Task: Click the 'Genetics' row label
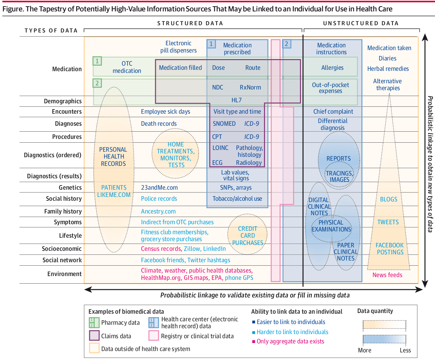pos(70,188)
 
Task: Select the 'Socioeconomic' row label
pos(62,249)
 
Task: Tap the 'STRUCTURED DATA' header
pos(190,23)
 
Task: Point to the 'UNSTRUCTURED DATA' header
pos(361,23)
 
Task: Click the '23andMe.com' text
pos(159,188)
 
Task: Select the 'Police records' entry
pos(159,199)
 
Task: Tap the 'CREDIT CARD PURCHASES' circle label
pos(248,236)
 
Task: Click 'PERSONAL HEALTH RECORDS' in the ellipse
pos(113,157)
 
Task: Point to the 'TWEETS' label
pos(388,222)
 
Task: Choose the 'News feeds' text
pos(387,275)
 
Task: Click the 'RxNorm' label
pos(250,87)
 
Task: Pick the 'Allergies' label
pos(332,68)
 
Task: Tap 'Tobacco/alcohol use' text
pos(237,199)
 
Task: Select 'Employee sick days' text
pos(166,112)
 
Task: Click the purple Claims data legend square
pos(94,336)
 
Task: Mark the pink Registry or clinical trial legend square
pos(154,336)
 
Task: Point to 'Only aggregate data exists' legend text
pos(290,341)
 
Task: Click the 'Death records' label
pos(159,124)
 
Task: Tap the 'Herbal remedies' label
pos(388,69)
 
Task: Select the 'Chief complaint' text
pos(333,112)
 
